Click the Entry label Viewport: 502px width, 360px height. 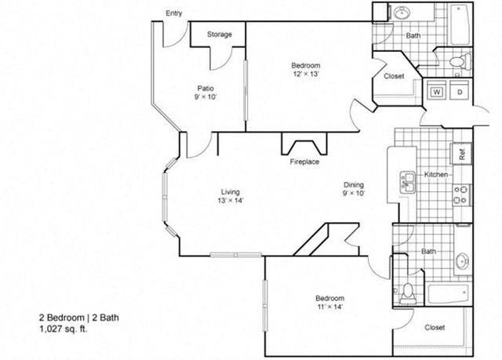coord(174,13)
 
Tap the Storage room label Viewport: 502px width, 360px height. coord(220,35)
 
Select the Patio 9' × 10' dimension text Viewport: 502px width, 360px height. coord(206,96)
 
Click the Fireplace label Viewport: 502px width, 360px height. coord(304,162)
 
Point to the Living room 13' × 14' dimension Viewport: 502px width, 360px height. coord(230,201)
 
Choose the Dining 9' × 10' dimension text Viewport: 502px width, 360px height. coord(354,193)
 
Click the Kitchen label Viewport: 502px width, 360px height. coord(436,174)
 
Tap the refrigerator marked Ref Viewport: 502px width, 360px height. coord(461,155)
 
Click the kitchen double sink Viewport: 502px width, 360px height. coord(407,183)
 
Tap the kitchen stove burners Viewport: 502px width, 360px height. coord(461,195)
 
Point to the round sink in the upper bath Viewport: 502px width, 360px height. coord(401,13)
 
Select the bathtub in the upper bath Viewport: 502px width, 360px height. coord(461,24)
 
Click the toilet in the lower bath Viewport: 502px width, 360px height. coord(407,293)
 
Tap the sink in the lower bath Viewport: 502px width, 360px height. coord(463,262)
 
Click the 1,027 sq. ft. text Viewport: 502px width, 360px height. coord(63,329)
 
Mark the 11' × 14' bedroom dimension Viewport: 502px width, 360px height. coord(329,307)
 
